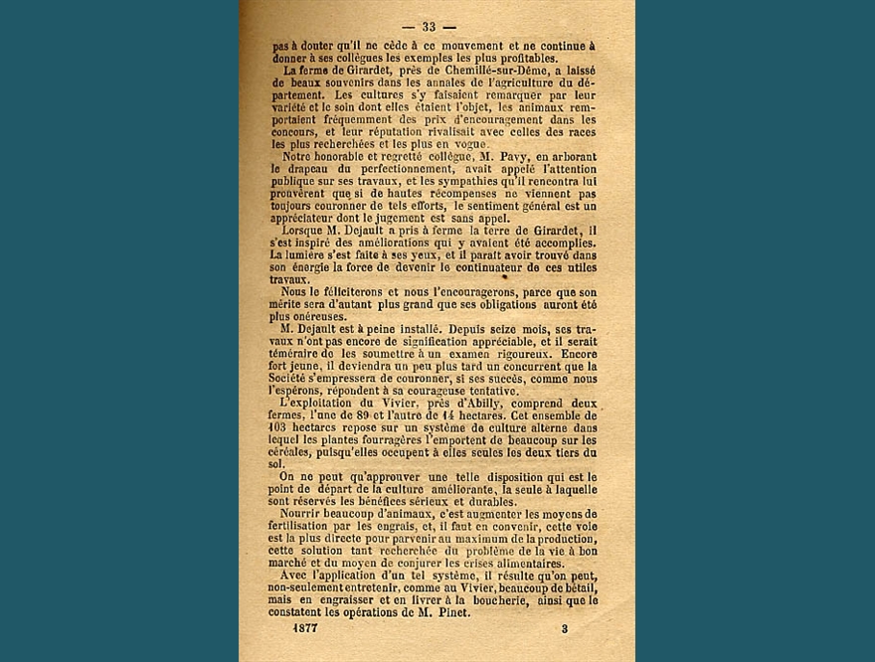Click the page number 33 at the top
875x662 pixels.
click(430, 27)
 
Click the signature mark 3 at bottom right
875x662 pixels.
click(564, 628)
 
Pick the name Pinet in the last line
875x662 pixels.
click(448, 612)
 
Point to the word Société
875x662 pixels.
click(296, 378)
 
